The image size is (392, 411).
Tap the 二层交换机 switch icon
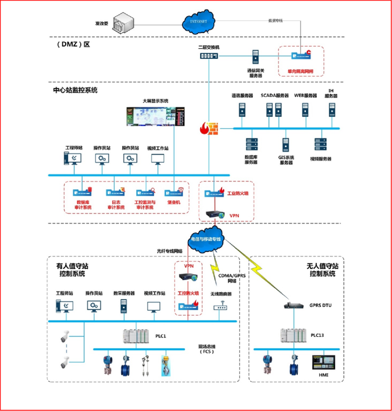click(x=209, y=55)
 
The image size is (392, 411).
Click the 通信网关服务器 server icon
click(x=255, y=57)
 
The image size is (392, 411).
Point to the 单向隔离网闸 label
click(x=300, y=71)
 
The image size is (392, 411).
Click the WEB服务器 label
click(x=305, y=96)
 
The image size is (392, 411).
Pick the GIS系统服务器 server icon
click(x=286, y=145)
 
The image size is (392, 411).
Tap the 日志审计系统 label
click(x=116, y=205)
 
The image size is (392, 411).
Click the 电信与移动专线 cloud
click(x=206, y=239)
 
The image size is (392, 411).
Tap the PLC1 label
click(x=161, y=336)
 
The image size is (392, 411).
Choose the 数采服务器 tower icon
click(x=123, y=306)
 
